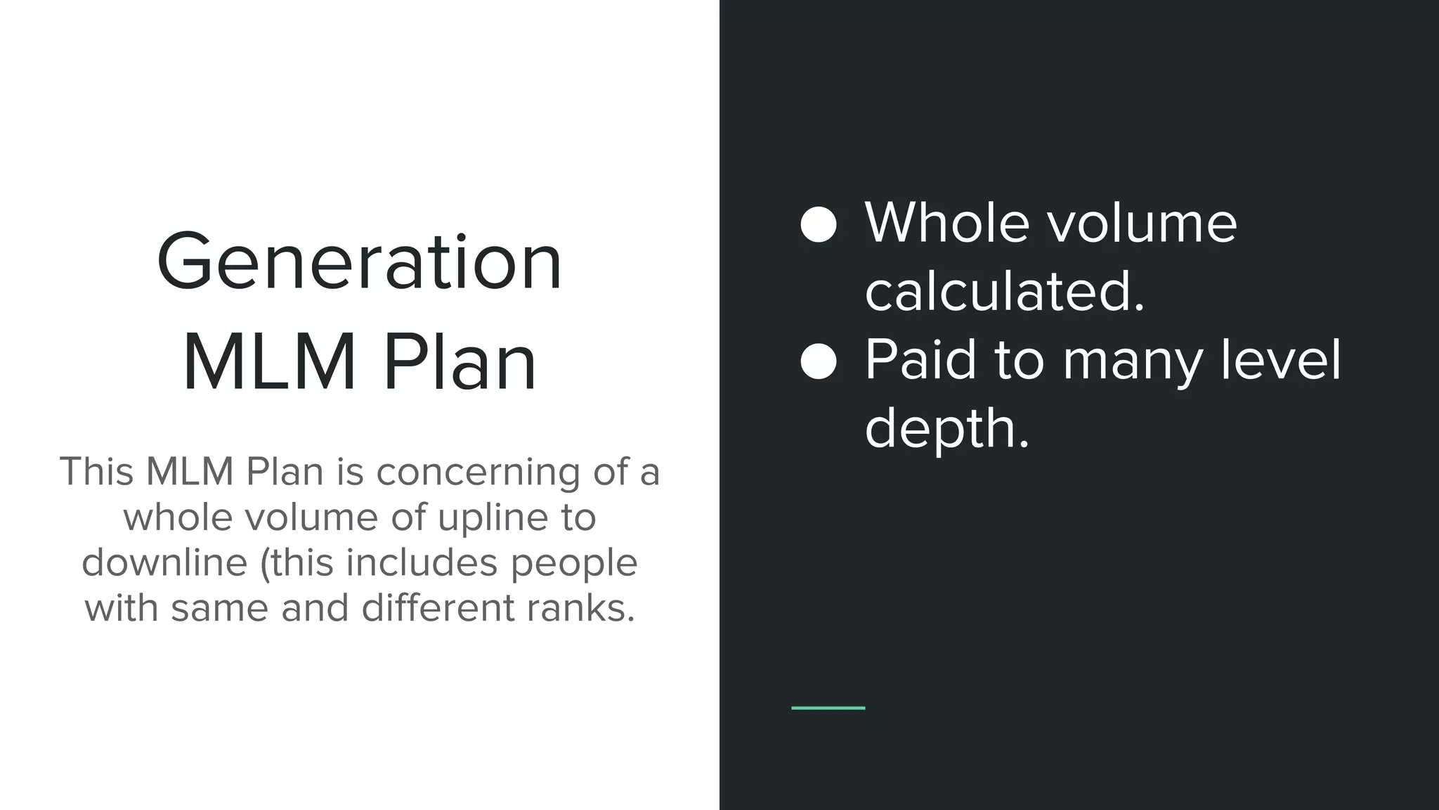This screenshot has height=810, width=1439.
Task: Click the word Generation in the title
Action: pyautogui.click(x=359, y=262)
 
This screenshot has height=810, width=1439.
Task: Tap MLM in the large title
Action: pyautogui.click(x=269, y=363)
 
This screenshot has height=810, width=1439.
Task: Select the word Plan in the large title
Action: pyautogui.click(x=460, y=363)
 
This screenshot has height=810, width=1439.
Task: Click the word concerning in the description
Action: pyautogui.click(x=478, y=472)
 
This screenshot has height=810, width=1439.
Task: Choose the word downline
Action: pyautogui.click(x=164, y=563)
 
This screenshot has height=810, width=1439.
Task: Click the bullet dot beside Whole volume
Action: pyautogui.click(x=819, y=225)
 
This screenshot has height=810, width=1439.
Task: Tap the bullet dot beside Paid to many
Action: pyautogui.click(x=819, y=361)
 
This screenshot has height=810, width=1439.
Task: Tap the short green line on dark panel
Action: pyautogui.click(x=828, y=707)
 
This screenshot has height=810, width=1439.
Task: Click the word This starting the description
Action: pyautogui.click(x=97, y=472)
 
